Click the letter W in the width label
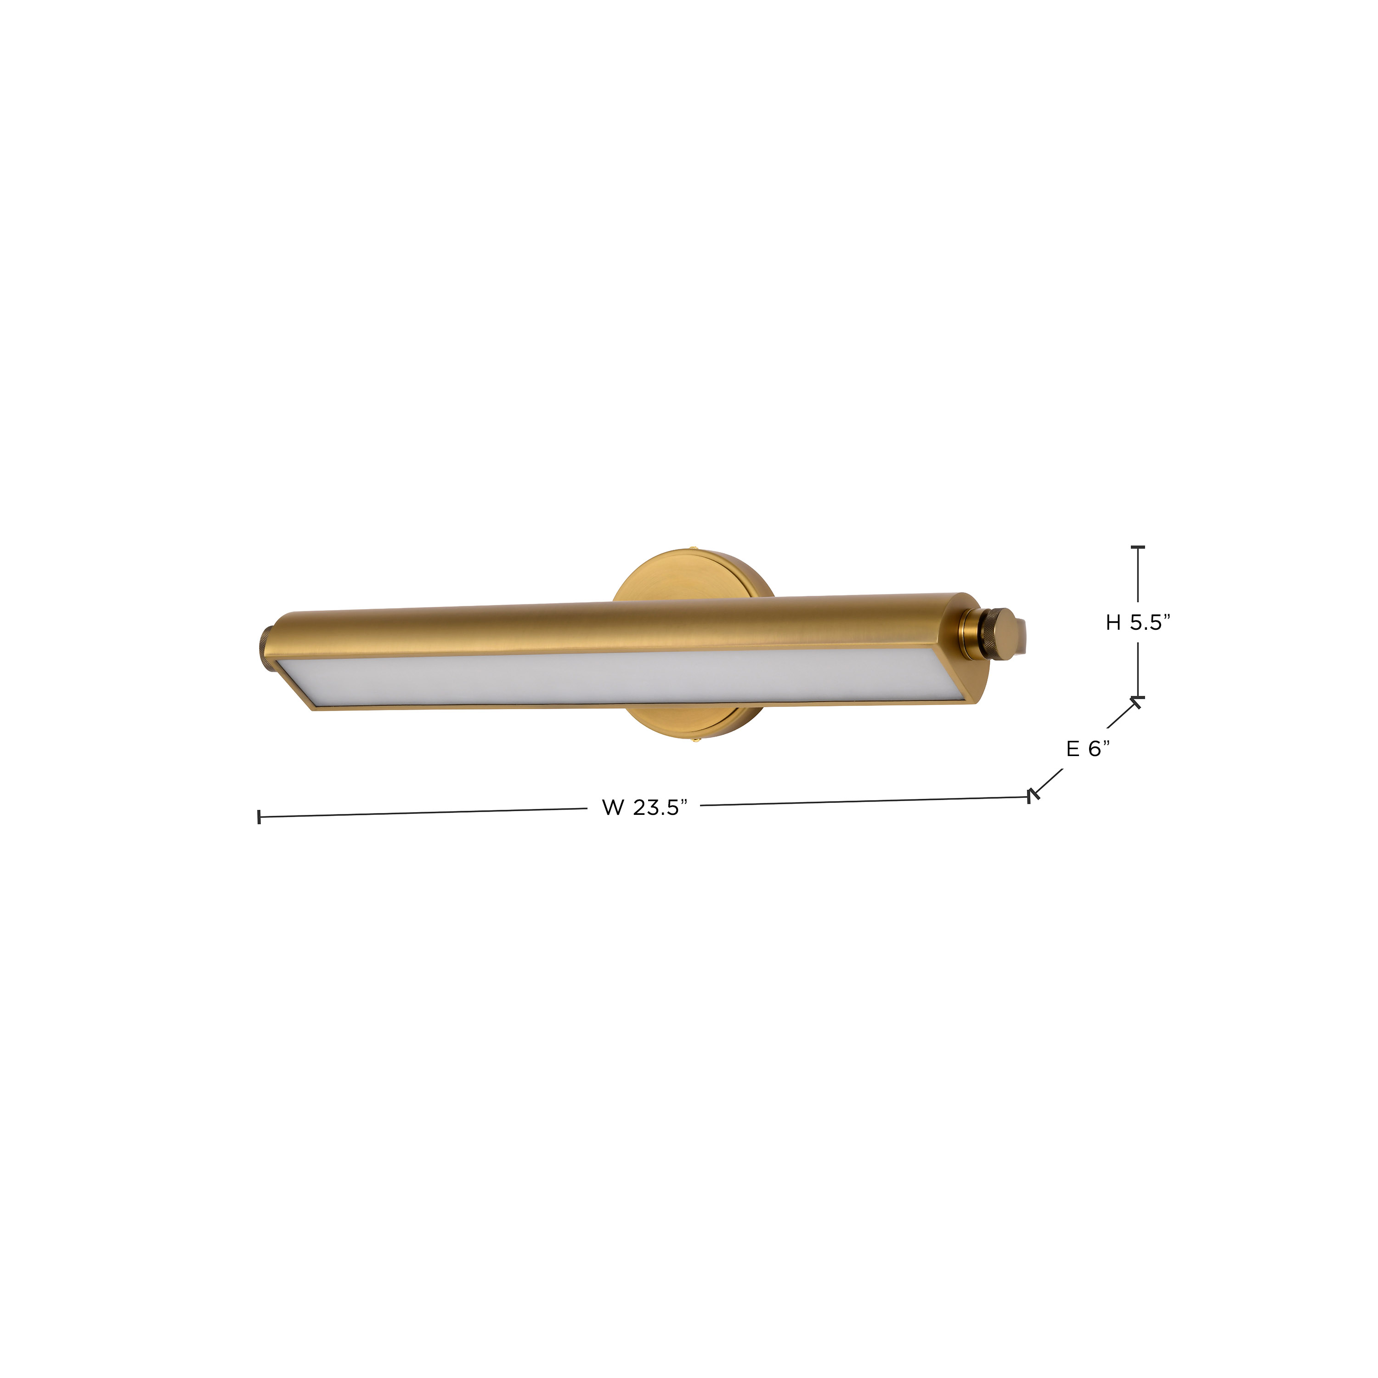[x=613, y=808]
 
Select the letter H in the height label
[x=1113, y=623]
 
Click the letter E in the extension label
[x=1072, y=748]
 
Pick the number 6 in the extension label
[x=1093, y=748]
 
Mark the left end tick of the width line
[x=259, y=817]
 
